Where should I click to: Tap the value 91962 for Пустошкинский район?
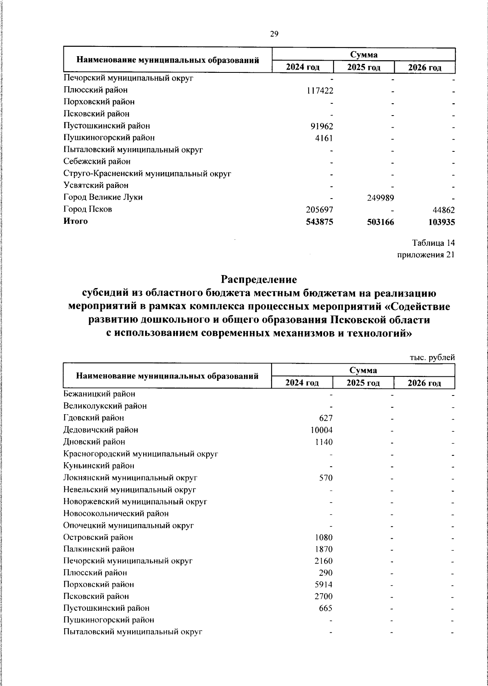pyautogui.click(x=322, y=126)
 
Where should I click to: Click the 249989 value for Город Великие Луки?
pyautogui.click(x=380, y=198)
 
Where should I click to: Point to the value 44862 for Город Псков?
pyautogui.click(x=441, y=210)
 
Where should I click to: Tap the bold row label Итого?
pyautogui.click(x=76, y=221)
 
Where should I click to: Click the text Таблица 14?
pyautogui.click(x=433, y=243)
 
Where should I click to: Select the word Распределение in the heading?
pyautogui.click(x=259, y=280)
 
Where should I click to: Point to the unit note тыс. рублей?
pyautogui.click(x=432, y=358)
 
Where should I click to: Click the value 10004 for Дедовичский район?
pyautogui.click(x=322, y=430)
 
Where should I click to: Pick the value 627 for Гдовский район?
pyautogui.click(x=326, y=418)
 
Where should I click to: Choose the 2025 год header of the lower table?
pyautogui.click(x=363, y=383)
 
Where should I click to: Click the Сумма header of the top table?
pyautogui.click(x=363, y=55)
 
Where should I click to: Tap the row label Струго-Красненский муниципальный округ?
pyautogui.click(x=147, y=174)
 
